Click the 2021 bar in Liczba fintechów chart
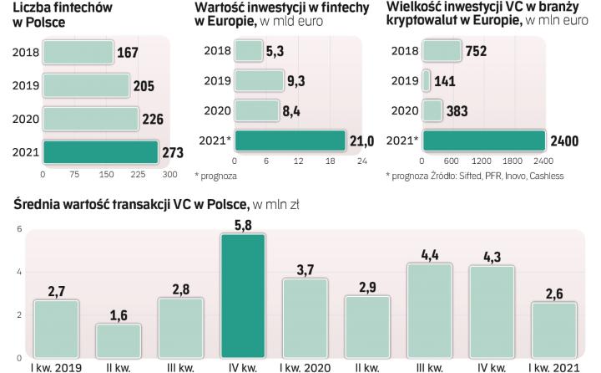(100, 151)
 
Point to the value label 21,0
(361, 141)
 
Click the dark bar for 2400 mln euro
(484, 140)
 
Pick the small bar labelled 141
(427, 80)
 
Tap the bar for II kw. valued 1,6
(118, 340)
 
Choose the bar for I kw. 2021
(552, 330)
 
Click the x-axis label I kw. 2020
(304, 366)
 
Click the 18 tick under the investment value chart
(330, 161)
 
